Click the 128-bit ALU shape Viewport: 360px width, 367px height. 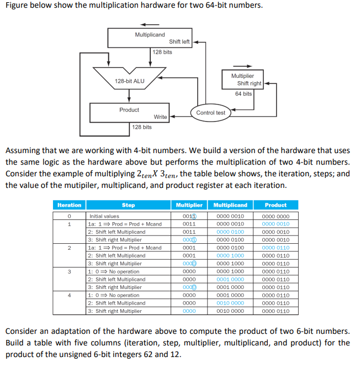(129, 81)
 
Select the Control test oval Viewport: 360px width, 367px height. (210, 113)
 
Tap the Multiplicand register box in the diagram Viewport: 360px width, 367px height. (150, 38)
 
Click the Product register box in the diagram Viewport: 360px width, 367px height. (129, 113)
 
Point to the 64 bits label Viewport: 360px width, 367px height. (243, 93)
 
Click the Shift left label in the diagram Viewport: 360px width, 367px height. (179, 41)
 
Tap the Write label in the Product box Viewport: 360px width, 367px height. (160, 117)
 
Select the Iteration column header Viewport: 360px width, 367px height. (70, 205)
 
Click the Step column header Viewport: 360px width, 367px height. (128, 205)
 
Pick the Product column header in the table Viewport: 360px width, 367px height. (276, 205)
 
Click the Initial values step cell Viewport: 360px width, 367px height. (104, 216)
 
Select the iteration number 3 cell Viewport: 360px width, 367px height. (70, 271)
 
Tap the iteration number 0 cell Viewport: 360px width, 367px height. (70, 216)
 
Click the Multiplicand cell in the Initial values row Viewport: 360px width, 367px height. (234, 216)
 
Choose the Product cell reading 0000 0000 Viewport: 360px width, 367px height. (276, 216)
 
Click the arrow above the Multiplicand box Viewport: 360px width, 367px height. (150, 24)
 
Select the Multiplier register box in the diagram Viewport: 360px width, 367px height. (243, 79)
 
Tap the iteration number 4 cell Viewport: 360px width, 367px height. (70, 295)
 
